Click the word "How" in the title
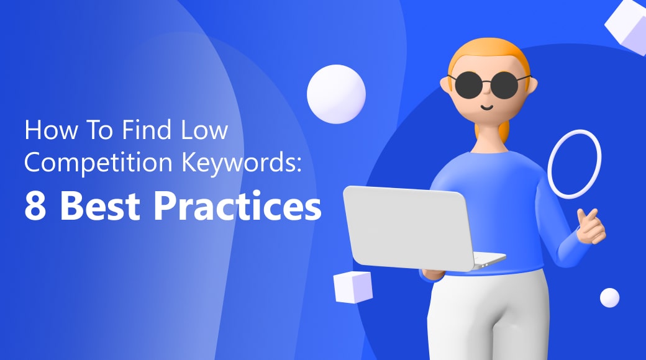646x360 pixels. tap(51, 130)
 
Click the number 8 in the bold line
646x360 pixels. tap(35, 206)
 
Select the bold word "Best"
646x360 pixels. tap(100, 206)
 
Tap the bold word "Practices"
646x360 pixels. tap(238, 206)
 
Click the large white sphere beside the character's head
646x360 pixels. tap(336, 94)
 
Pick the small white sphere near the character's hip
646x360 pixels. tap(609, 297)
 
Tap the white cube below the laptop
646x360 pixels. tap(353, 287)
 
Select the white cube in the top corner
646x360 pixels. tap(626, 25)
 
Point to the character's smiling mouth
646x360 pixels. tap(487, 108)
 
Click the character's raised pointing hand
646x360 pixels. tap(591, 226)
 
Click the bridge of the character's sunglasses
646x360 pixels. tap(486, 82)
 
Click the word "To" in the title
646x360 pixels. tap(99, 130)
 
